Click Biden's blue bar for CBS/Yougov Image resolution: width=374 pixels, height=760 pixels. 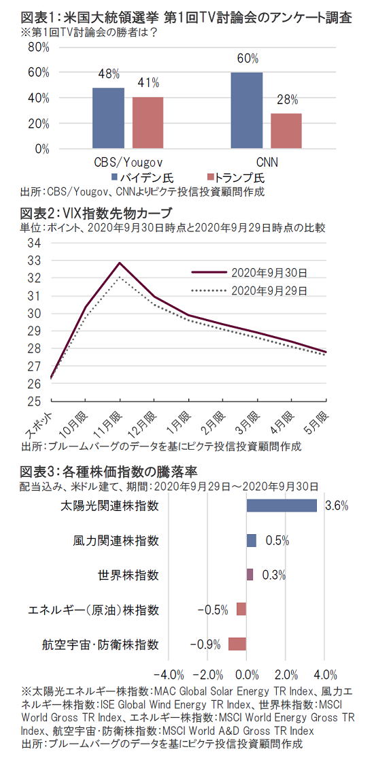click(x=108, y=118)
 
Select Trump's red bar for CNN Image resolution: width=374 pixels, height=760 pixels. click(x=286, y=131)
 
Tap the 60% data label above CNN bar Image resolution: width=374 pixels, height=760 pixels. click(x=248, y=59)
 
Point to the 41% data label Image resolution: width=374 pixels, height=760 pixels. click(x=148, y=83)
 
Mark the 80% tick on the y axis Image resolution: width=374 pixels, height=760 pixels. click(x=39, y=47)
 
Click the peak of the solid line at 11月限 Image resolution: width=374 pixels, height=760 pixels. click(x=119, y=263)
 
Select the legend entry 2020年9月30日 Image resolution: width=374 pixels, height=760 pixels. click(x=250, y=272)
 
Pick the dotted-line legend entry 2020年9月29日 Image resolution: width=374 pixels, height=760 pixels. click(x=250, y=290)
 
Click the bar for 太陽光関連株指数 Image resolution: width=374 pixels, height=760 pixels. click(x=282, y=506)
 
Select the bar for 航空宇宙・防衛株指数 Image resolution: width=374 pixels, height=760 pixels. click(x=237, y=644)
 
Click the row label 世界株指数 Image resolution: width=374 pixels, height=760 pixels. click(x=128, y=575)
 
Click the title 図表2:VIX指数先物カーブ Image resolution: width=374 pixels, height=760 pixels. click(x=96, y=213)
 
